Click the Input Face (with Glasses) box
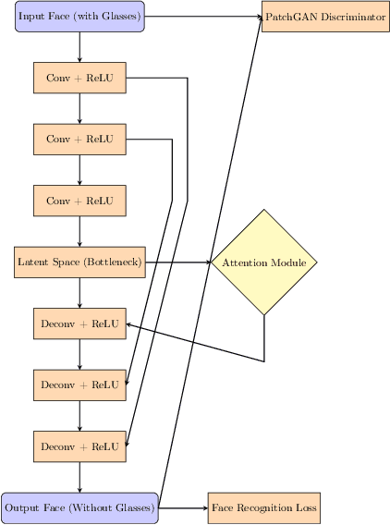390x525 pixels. pos(79,17)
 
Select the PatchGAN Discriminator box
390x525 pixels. pos(325,17)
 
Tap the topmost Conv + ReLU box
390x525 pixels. pos(79,78)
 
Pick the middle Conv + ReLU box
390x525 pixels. pos(79,139)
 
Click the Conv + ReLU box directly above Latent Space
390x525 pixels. pos(79,201)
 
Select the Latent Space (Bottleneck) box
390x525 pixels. pos(79,262)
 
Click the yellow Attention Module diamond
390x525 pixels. pos(264,262)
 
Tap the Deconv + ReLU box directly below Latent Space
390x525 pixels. pos(79,324)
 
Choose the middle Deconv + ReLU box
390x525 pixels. pos(79,385)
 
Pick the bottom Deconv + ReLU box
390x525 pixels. pos(79,446)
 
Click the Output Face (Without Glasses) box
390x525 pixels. pos(79,508)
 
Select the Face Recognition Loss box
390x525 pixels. pos(264,508)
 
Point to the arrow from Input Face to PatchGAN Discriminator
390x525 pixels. pos(203,17)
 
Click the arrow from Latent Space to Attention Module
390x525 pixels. pos(177,262)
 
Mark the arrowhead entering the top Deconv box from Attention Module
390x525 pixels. pos(130,324)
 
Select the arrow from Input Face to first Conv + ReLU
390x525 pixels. pos(79,46)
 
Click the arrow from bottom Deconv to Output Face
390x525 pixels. pos(79,477)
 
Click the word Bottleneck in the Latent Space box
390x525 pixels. pos(112,262)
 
